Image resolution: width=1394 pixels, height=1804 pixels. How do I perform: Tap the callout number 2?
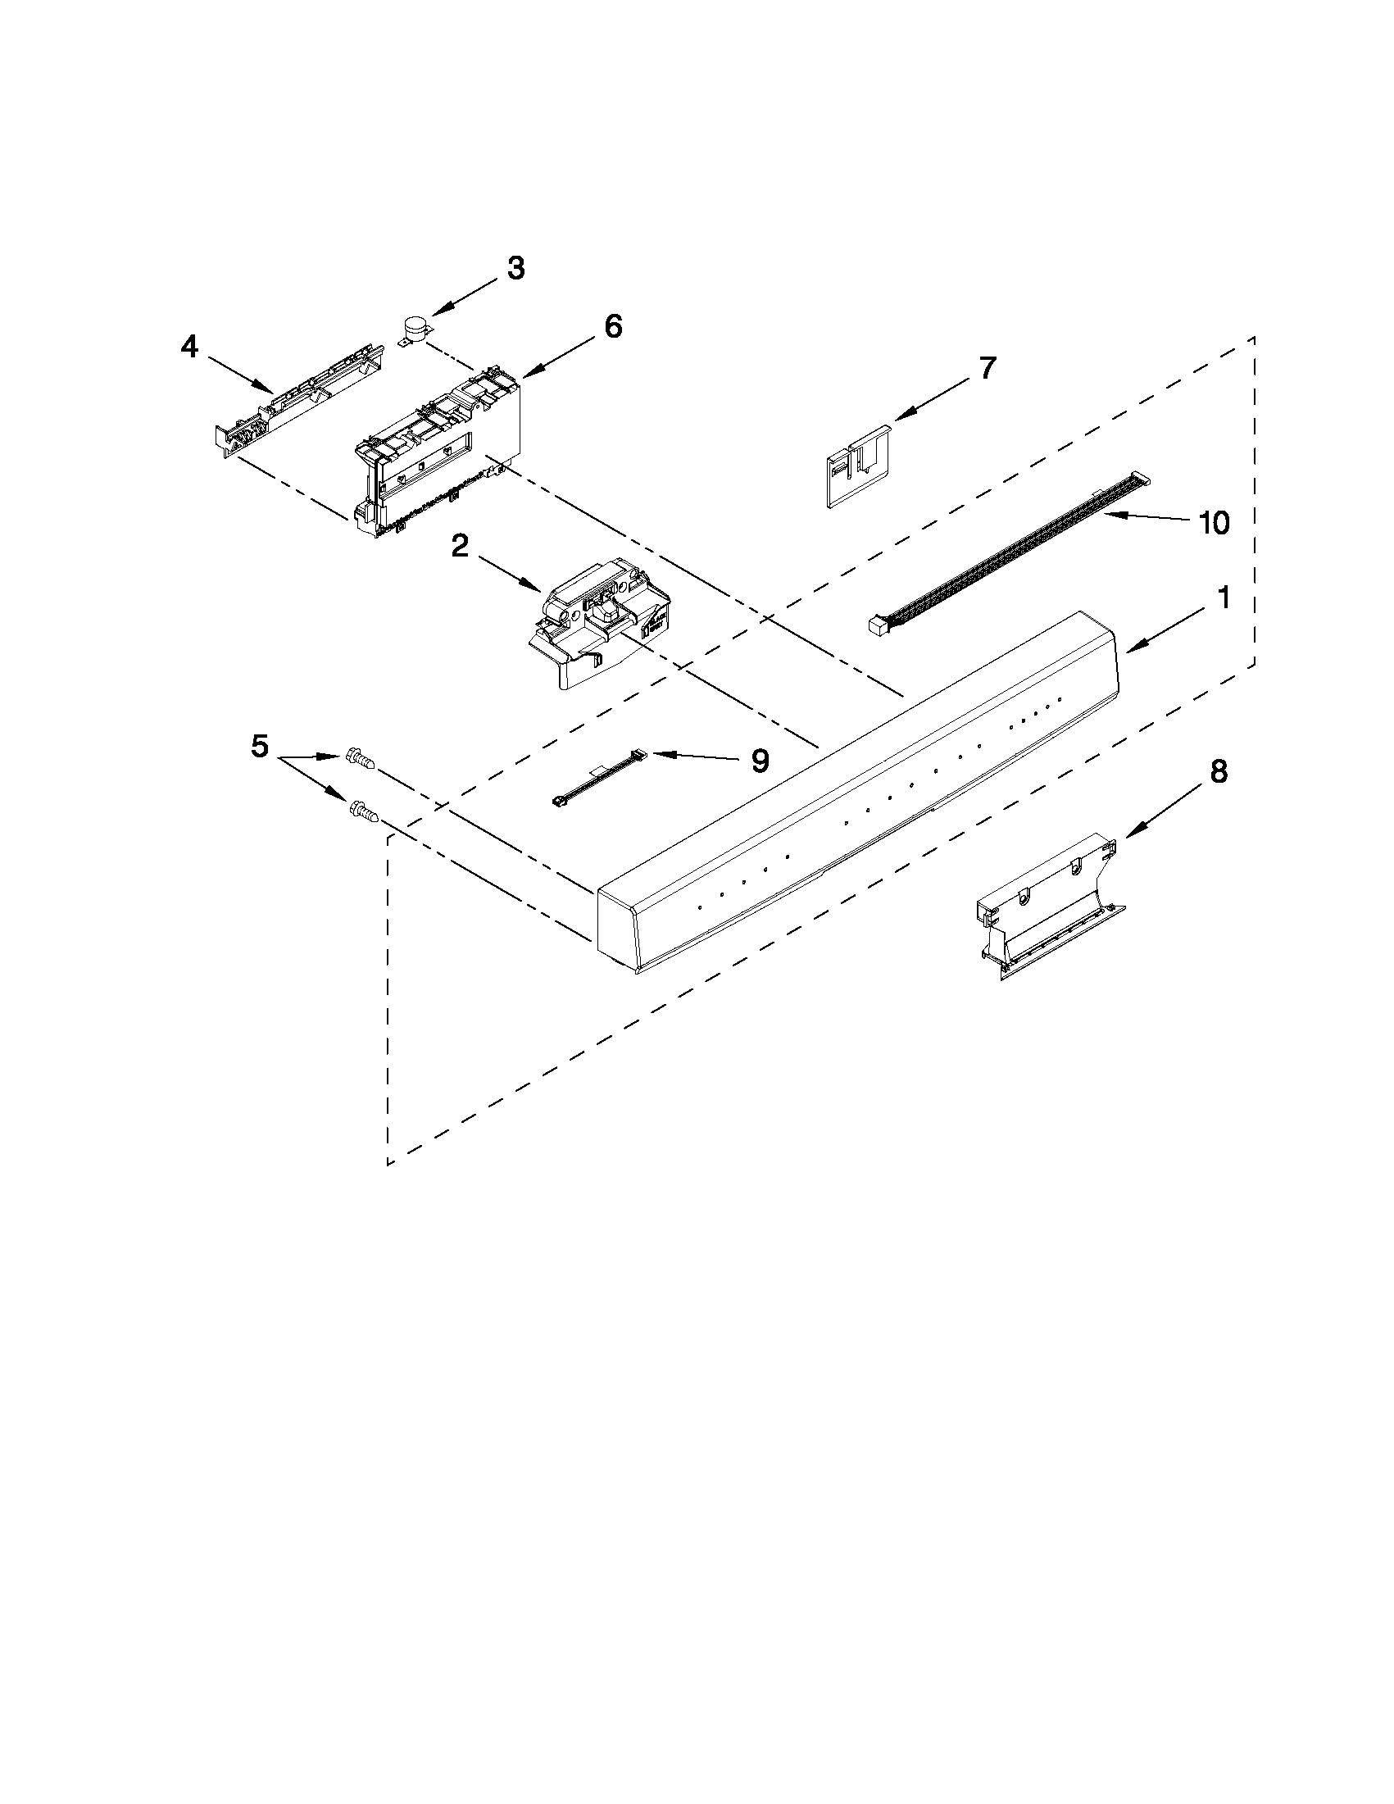(460, 546)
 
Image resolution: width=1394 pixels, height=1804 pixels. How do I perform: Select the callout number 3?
(515, 269)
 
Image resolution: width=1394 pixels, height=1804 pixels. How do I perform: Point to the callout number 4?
(189, 348)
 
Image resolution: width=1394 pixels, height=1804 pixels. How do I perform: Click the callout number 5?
(259, 747)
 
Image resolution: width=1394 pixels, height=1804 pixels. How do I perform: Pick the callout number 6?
(613, 326)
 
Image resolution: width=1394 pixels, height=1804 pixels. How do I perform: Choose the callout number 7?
(988, 367)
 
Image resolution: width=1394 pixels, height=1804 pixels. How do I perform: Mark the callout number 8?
(1218, 771)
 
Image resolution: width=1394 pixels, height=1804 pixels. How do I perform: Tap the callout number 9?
(760, 760)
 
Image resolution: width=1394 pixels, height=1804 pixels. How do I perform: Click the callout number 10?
(1214, 522)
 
